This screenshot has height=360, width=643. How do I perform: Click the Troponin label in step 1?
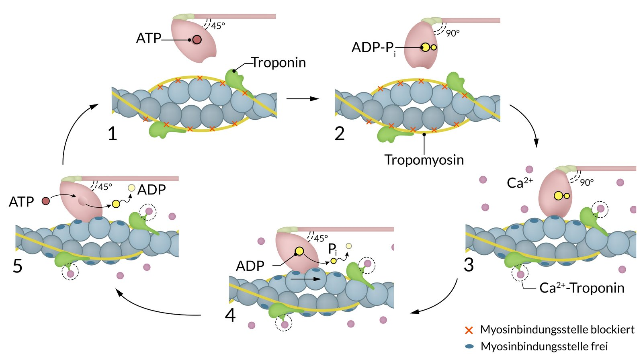coord(278,63)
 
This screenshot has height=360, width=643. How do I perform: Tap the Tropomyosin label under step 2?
coord(424,160)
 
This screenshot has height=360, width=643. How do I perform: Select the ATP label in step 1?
coord(148,39)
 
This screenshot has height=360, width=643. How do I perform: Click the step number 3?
coord(469,265)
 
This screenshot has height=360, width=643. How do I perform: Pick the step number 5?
coord(18,266)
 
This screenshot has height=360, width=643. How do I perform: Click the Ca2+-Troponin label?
coord(582,288)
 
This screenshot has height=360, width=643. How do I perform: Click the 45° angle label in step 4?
coord(321,239)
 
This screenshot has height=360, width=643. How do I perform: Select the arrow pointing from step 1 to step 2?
coord(302,98)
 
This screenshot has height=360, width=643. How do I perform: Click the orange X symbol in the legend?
coord(469,330)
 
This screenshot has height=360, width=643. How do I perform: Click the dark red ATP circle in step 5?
coord(46,201)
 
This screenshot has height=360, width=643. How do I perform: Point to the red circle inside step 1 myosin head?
coord(197,40)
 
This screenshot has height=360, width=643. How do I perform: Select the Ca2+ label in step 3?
coord(519,183)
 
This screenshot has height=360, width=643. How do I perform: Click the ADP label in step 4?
coord(250,266)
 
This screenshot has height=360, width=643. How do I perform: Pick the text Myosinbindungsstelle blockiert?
coord(557,330)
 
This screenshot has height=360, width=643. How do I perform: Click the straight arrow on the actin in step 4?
coord(305,279)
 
